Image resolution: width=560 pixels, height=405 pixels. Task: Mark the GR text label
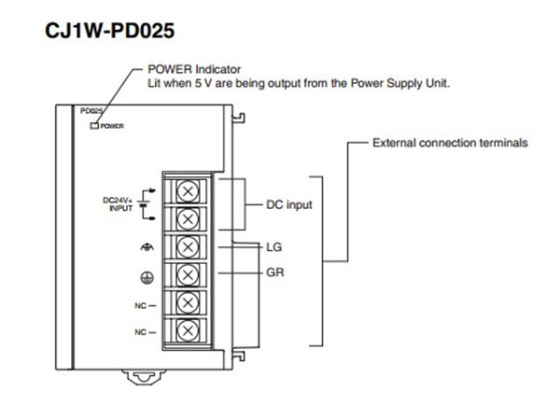point(274,274)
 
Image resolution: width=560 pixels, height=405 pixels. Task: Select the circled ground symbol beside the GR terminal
point(145,274)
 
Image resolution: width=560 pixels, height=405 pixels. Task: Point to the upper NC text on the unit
point(139,303)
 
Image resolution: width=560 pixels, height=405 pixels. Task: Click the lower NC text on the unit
point(139,330)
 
